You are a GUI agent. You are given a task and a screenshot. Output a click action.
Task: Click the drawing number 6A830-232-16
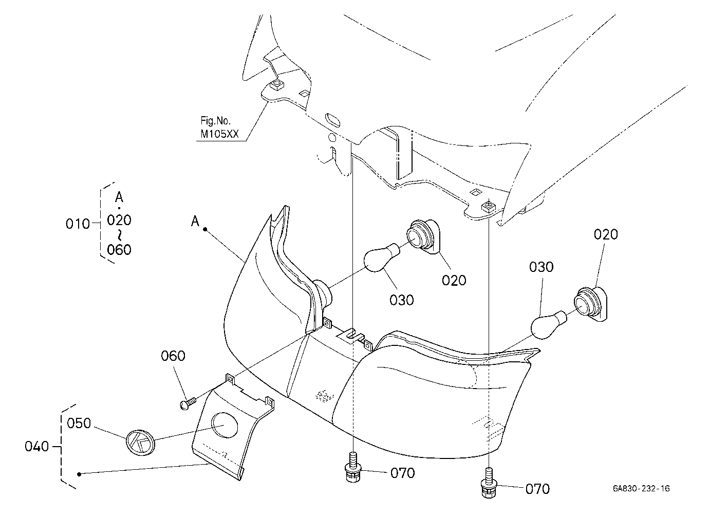(x=641, y=488)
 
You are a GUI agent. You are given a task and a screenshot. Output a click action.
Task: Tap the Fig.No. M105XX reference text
(x=219, y=127)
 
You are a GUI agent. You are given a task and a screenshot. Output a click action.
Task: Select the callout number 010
(x=78, y=224)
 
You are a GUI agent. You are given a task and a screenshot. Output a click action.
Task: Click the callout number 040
(x=36, y=447)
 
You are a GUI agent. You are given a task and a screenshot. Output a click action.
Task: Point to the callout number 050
(x=79, y=423)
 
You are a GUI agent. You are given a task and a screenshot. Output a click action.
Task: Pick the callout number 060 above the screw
(x=173, y=356)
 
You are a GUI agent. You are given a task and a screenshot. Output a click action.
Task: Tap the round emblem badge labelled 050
(x=140, y=443)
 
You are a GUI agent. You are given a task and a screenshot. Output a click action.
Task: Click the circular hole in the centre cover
(x=225, y=425)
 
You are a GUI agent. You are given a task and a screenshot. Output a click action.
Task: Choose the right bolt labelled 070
(x=489, y=483)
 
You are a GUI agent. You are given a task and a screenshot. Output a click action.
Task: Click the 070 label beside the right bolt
(x=537, y=489)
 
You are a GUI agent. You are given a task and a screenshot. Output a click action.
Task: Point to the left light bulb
(x=382, y=257)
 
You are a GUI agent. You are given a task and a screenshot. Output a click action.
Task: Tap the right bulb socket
(x=590, y=304)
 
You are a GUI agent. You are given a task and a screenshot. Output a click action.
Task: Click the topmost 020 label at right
(x=606, y=234)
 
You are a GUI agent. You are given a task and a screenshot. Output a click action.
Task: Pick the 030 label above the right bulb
(x=541, y=267)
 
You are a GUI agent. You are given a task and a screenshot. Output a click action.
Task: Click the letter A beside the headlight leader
(x=195, y=221)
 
